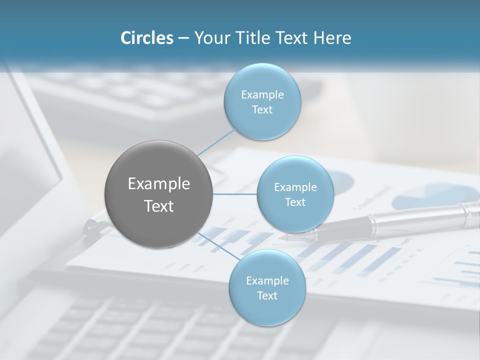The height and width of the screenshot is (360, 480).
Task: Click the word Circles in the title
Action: tap(147, 38)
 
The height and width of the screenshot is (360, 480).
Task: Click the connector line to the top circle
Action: tap(216, 141)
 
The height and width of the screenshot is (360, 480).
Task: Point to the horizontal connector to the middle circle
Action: tap(234, 194)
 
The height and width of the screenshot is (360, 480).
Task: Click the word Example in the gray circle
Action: tap(158, 184)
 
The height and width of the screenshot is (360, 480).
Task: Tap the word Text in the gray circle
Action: tap(158, 206)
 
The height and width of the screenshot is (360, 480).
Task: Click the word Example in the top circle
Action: tap(262, 95)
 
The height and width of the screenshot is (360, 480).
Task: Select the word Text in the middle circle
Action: tap(295, 202)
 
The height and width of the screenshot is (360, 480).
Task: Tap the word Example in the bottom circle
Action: tap(267, 280)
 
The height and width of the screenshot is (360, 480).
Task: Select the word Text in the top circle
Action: tap(262, 110)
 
